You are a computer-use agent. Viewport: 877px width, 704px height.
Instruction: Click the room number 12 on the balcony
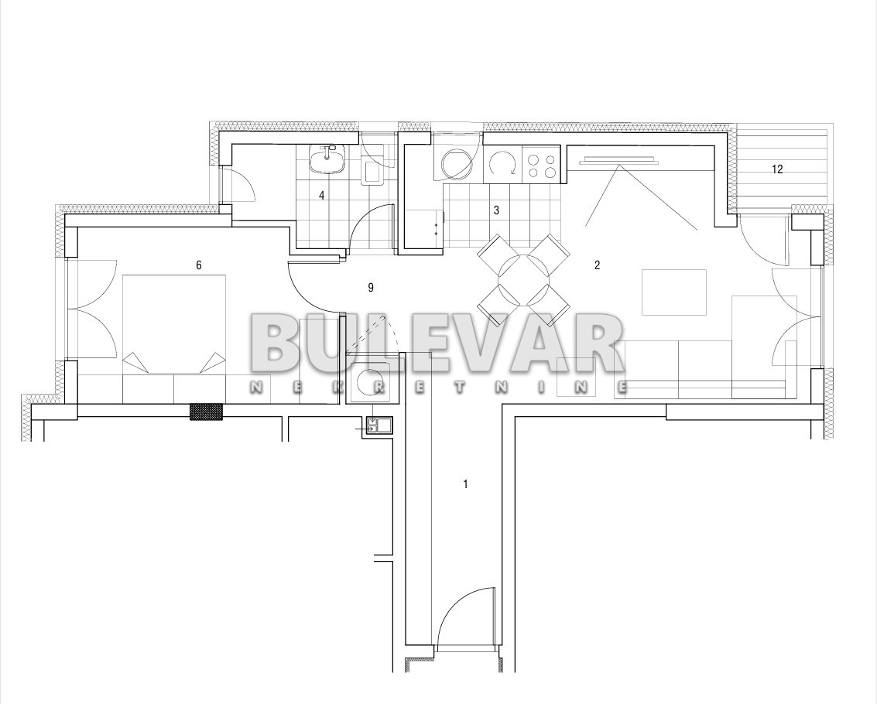[x=777, y=169]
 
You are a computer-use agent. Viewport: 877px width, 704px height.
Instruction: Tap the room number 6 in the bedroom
[x=199, y=265]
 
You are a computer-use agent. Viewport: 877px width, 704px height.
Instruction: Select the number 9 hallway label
[x=370, y=288]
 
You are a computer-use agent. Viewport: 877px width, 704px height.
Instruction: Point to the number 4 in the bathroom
[x=321, y=195]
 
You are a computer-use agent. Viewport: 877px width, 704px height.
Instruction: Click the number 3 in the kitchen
[x=496, y=210]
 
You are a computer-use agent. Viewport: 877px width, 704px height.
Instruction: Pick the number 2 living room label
[x=597, y=265]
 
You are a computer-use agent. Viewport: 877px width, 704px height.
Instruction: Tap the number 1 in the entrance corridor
[x=465, y=484]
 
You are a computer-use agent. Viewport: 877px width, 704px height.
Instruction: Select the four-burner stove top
[x=541, y=165]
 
